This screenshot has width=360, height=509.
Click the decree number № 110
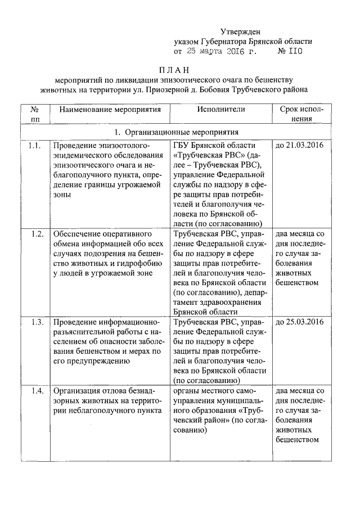(291, 51)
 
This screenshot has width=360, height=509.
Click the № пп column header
(35, 114)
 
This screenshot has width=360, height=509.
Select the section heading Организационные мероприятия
(180, 132)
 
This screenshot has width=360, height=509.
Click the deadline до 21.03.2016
(299, 146)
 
